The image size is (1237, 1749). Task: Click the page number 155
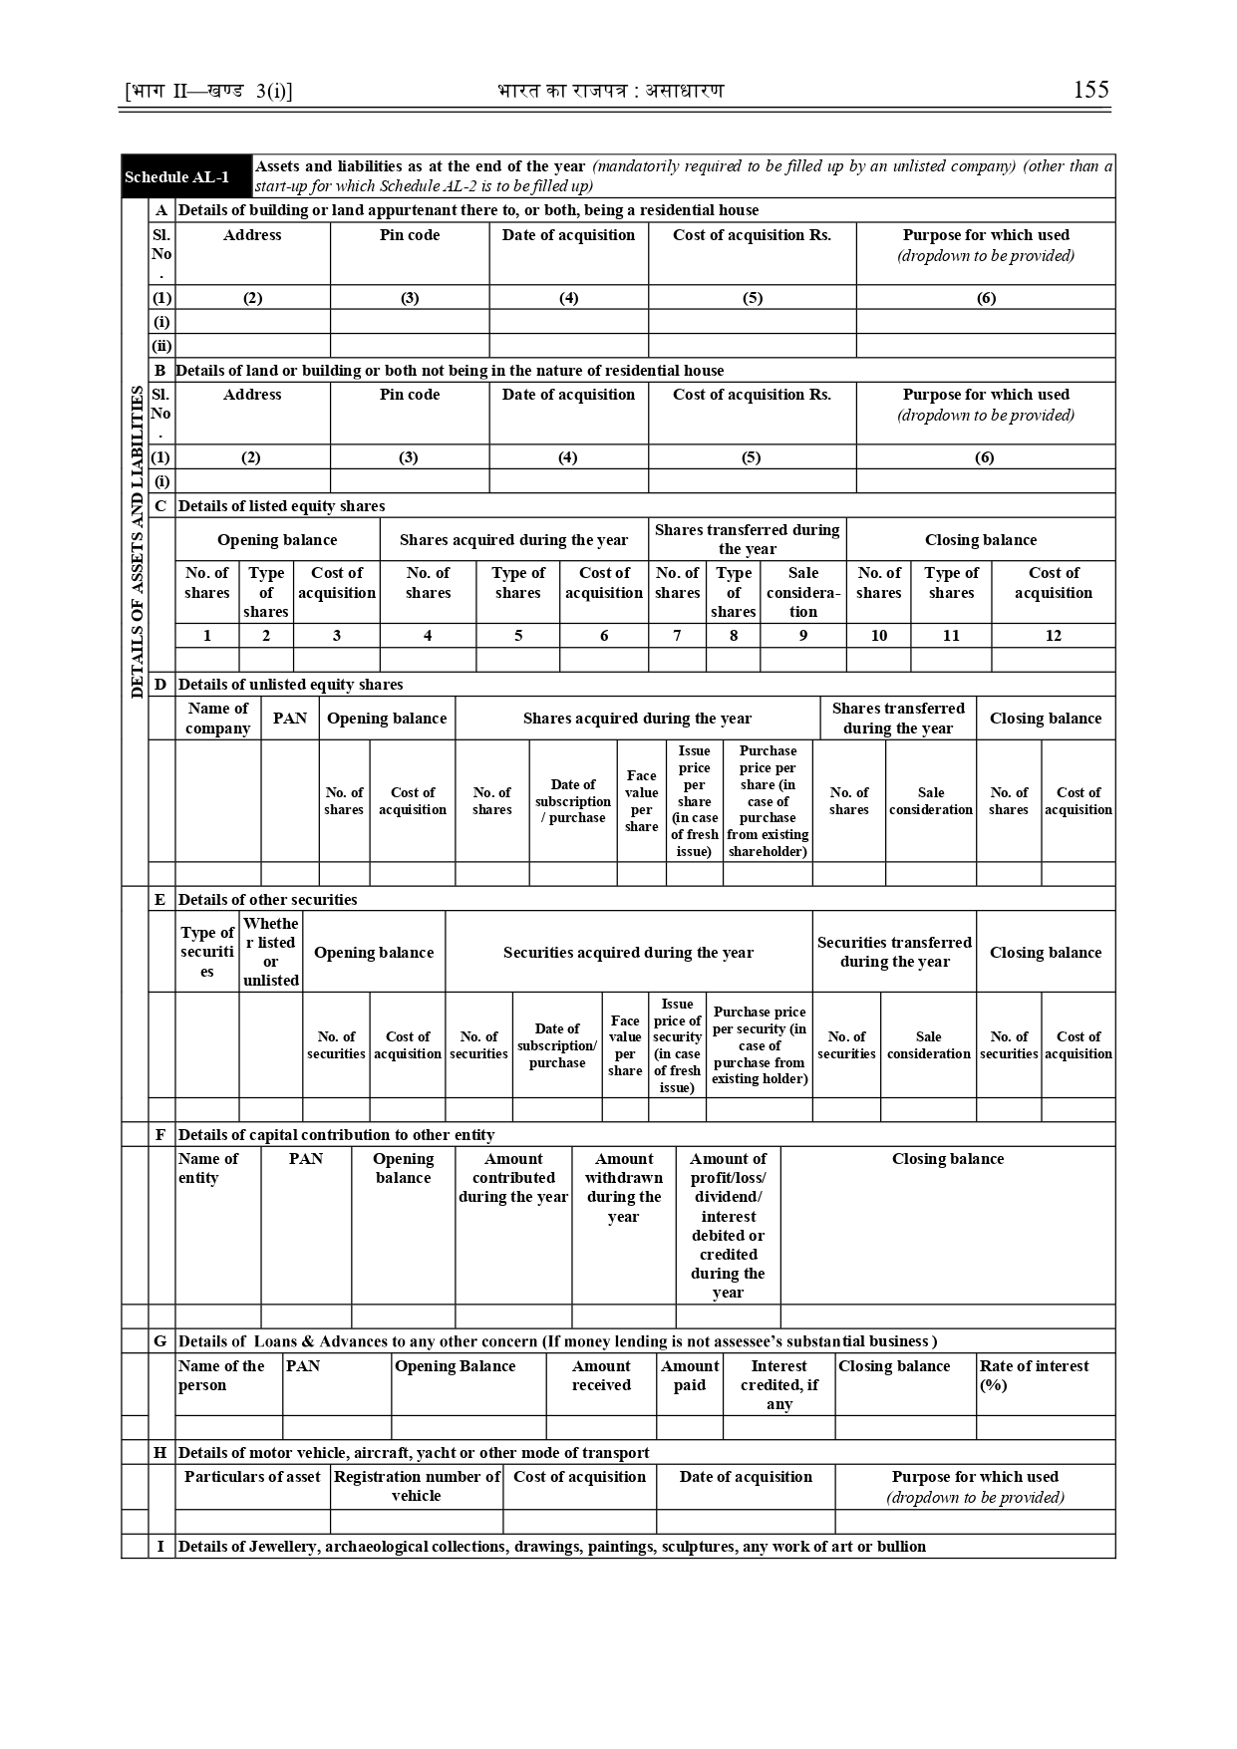tap(1090, 90)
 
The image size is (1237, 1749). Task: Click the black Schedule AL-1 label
tap(176, 177)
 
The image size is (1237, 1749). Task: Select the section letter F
tap(160, 1135)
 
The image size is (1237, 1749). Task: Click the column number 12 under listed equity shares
tap(1053, 636)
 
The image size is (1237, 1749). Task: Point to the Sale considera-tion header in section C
tap(802, 592)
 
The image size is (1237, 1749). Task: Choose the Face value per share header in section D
tap(641, 800)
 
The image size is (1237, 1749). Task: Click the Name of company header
tap(217, 719)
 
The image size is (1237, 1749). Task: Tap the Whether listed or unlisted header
tap(270, 952)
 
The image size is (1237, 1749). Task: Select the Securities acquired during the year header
tap(628, 953)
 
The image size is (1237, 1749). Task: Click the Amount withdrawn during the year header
tap(623, 1187)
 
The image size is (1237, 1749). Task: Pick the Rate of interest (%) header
tap(1034, 1375)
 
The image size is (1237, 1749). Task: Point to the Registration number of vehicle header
tap(417, 1486)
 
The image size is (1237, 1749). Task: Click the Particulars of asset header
tap(252, 1477)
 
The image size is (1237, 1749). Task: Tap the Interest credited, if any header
tap(778, 1384)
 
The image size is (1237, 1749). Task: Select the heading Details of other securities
tap(267, 900)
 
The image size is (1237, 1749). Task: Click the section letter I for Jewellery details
tap(160, 1547)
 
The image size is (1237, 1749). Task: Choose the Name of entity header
tap(207, 1168)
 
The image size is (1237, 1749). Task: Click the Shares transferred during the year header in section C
tap(747, 539)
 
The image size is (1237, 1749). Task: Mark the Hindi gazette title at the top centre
tap(610, 91)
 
